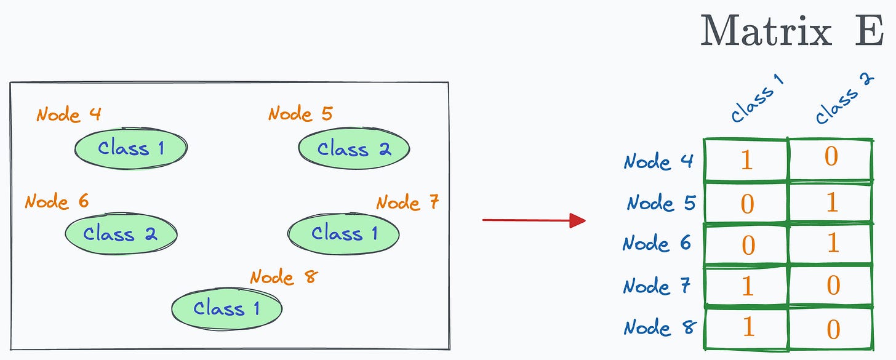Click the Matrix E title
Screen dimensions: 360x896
791,30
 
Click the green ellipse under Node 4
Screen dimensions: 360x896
130,148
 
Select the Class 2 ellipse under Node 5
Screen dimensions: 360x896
354,149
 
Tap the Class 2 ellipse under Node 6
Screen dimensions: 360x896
121,234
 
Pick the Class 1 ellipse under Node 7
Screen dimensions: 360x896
343,233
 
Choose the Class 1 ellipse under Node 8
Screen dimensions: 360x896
226,308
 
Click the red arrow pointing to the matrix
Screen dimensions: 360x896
533,220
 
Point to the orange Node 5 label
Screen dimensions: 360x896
300,114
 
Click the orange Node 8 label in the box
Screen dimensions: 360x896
282,277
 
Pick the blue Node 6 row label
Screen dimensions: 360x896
657,243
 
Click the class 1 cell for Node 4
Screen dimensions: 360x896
746,161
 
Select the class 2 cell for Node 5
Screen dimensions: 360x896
831,202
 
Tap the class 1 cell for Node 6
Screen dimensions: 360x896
746,244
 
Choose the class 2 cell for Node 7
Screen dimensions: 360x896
831,286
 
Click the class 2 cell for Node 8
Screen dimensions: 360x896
831,327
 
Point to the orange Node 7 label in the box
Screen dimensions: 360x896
407,202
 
